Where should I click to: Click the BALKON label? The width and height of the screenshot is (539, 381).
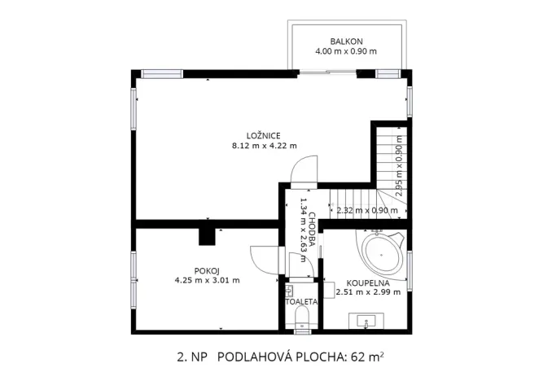[346, 41]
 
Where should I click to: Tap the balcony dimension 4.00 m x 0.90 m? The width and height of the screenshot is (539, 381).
[346, 51]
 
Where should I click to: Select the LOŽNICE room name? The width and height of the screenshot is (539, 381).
[264, 135]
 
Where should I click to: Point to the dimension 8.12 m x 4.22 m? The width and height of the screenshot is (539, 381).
[264, 146]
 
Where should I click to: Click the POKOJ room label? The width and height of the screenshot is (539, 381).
[207, 269]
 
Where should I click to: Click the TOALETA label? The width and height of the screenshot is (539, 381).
[301, 301]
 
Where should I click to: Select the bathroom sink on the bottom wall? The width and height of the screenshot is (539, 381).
[368, 322]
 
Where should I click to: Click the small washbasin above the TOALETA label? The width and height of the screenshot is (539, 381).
[289, 289]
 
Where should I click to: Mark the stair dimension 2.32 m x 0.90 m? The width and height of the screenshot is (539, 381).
[366, 210]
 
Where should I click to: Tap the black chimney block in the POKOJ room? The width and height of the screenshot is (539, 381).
[208, 235]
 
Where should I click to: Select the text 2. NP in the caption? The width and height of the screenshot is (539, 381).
[191, 357]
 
